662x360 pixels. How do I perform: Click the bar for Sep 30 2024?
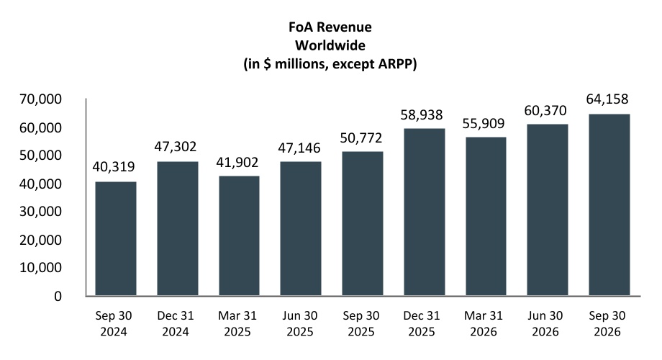click(116, 239)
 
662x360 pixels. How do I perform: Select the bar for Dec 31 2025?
click(425, 212)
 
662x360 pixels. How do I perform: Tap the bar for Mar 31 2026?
click(486, 216)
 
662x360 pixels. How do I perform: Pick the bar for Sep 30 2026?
click(609, 205)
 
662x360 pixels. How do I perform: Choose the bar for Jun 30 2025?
click(301, 228)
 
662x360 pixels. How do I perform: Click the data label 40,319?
click(114, 167)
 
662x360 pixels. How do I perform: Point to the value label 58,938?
click(422, 115)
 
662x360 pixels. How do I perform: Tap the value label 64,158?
click(607, 99)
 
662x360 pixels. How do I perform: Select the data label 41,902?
click(237, 163)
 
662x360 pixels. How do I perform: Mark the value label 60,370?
click(545, 111)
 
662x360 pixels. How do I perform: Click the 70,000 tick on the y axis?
click(40, 99)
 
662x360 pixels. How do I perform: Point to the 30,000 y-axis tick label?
click(40, 212)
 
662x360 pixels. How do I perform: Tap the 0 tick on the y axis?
click(58, 296)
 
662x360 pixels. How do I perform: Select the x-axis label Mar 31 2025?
click(237, 324)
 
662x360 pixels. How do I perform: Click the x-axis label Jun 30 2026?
click(545, 324)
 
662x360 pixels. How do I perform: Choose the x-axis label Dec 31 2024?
click(176, 324)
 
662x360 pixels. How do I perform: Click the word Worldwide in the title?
click(330, 45)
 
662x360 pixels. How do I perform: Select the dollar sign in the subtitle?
click(267, 64)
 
